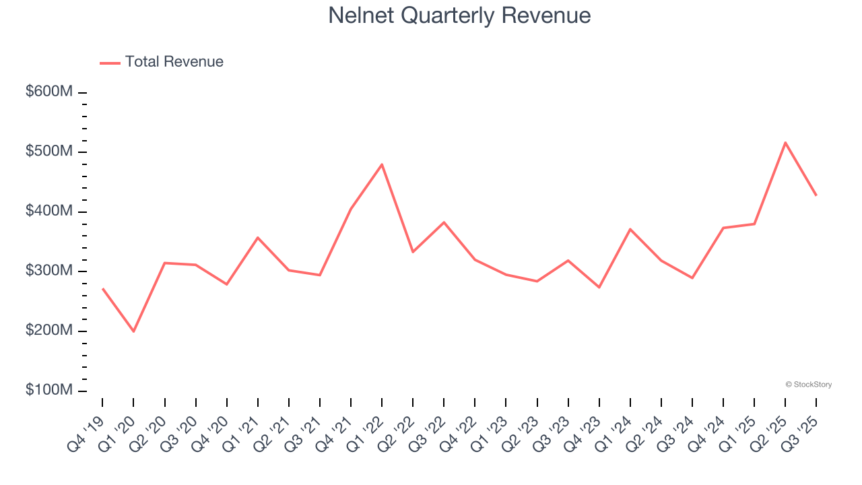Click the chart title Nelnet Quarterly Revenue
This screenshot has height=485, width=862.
point(459,15)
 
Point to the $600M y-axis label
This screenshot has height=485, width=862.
point(49,92)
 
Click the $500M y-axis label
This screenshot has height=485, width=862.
point(49,152)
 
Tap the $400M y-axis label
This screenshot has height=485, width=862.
point(49,212)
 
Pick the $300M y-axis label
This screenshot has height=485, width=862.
point(49,271)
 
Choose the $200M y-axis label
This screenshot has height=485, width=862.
point(49,331)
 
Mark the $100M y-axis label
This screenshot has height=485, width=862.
point(49,391)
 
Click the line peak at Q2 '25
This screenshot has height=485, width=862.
point(785,142)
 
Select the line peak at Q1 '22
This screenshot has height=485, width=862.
point(382,164)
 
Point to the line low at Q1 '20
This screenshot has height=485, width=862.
point(133,331)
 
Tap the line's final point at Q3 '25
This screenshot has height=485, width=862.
point(816,195)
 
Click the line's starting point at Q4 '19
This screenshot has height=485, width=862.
point(102,288)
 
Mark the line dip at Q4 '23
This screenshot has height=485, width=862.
point(599,288)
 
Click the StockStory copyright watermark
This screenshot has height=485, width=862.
point(808,385)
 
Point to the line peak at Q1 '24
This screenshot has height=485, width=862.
point(630,229)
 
